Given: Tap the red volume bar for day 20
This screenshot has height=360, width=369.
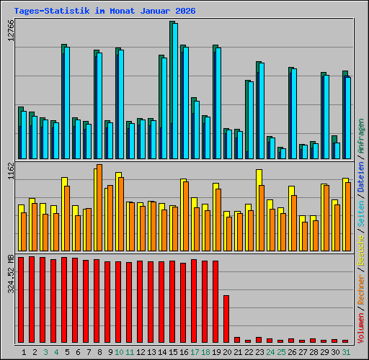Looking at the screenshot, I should (226, 318).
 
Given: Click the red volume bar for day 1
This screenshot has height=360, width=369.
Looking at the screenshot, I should (21, 300).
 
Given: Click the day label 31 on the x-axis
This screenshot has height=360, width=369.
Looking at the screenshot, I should (346, 352).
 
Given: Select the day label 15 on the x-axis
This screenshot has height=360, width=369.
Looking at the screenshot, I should (173, 352).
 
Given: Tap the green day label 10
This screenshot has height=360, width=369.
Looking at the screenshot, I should (119, 352).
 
